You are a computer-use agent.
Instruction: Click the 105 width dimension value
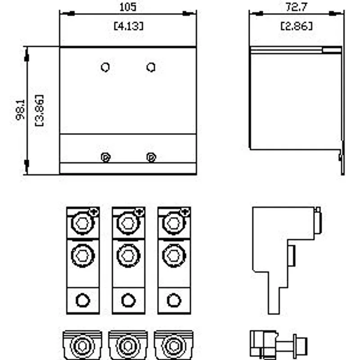click(128, 7)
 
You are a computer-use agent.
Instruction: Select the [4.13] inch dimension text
click(129, 26)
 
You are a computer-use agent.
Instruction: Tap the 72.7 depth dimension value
click(297, 7)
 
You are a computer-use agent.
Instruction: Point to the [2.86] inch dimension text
click(297, 26)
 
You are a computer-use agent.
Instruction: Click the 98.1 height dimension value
click(21, 110)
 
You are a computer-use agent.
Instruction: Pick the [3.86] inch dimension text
click(40, 110)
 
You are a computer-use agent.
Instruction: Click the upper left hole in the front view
click(105, 67)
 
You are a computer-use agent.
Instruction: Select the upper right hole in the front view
click(151, 67)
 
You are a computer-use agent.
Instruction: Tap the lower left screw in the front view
click(106, 157)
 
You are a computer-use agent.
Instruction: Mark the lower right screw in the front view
click(151, 157)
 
